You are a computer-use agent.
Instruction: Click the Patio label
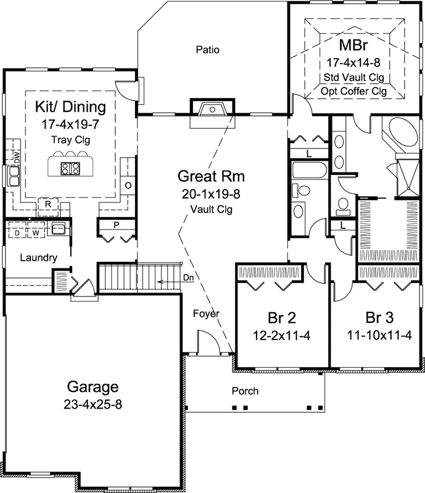point(208,49)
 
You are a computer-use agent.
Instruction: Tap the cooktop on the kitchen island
point(69,168)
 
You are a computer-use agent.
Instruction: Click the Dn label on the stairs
point(188,279)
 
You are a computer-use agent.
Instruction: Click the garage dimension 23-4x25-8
point(93,405)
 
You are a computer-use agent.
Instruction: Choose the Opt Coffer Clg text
point(353,91)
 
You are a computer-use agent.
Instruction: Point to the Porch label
point(245,391)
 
